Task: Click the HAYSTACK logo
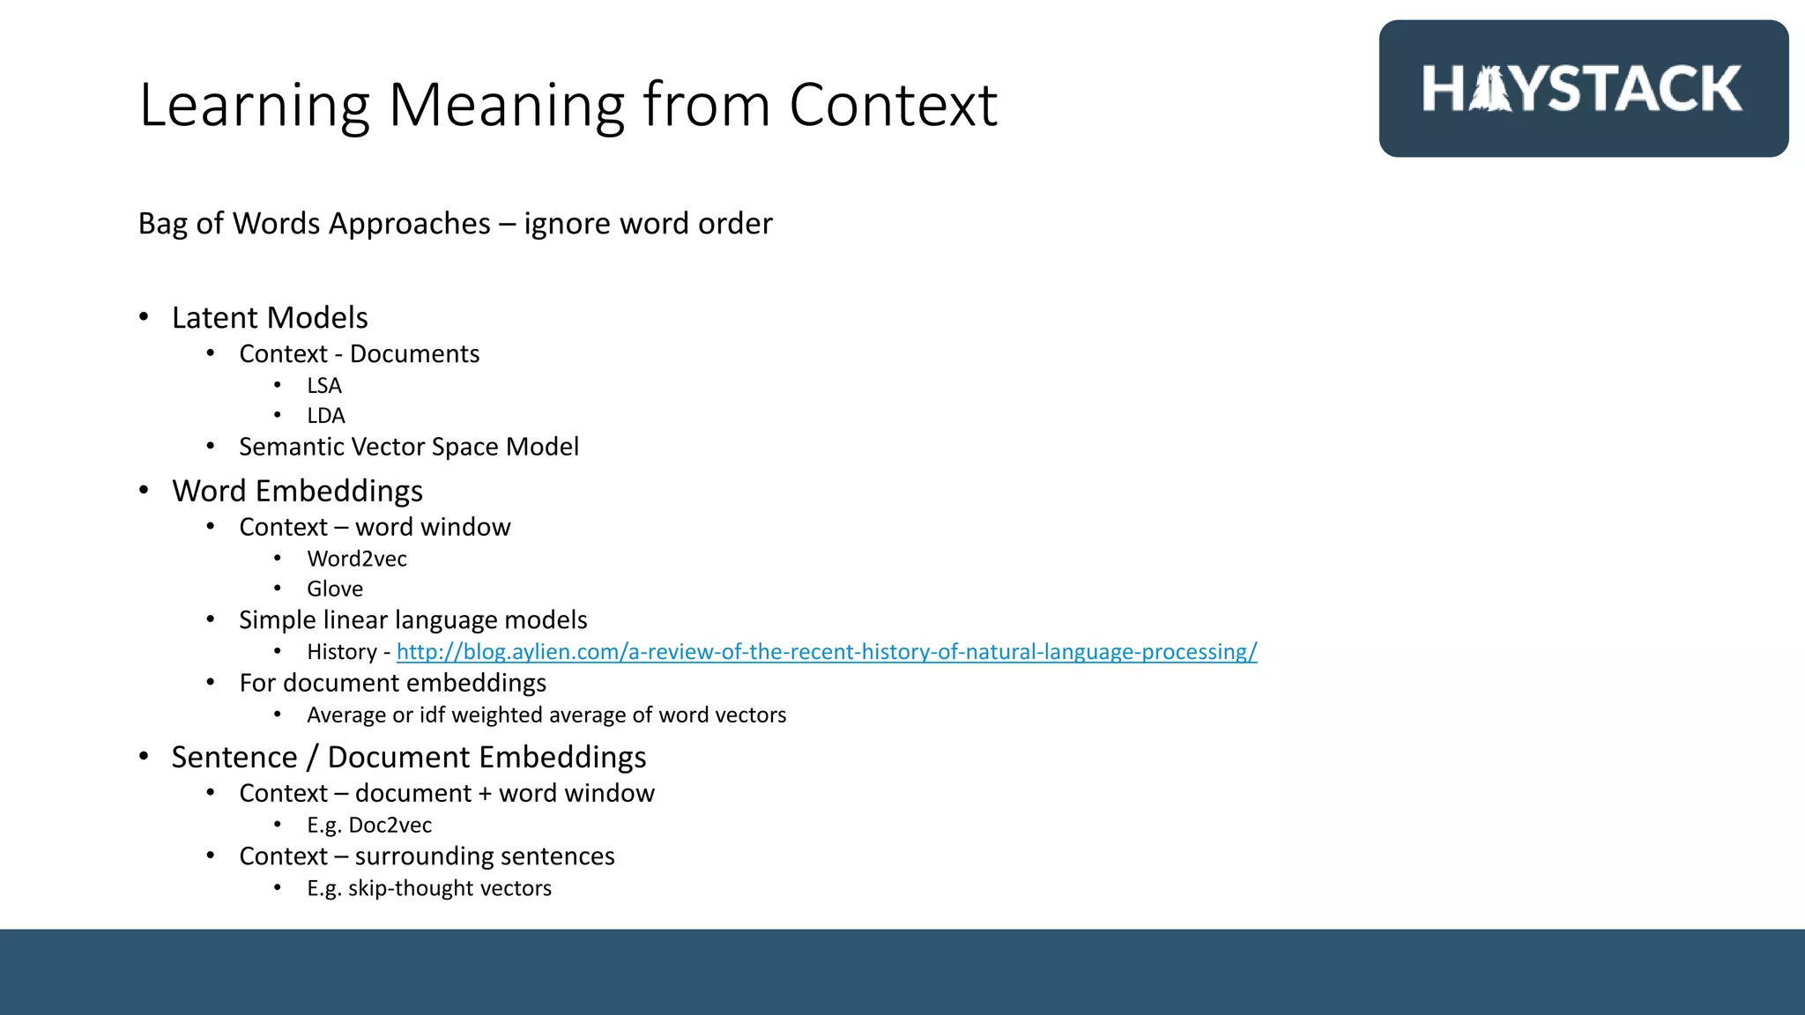pos(1583,89)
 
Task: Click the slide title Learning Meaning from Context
pos(568,105)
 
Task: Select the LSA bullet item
pos(324,386)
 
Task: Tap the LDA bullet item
pos(326,416)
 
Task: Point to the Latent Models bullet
pos(270,317)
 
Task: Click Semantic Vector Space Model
pos(409,447)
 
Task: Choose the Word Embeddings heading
pos(297,491)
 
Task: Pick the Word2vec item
pos(357,559)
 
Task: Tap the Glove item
pos(335,589)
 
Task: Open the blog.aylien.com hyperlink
pos(827,652)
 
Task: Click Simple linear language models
pos(412,620)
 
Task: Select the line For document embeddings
pos(392,683)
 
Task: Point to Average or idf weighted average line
pos(546,715)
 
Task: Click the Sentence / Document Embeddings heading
pos(409,757)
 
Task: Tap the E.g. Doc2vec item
pos(369,825)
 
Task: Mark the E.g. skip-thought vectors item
pos(429,888)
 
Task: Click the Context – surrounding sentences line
pos(427,856)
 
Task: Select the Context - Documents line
pos(360,354)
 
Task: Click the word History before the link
pos(342,652)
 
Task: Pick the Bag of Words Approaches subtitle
pos(455,224)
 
